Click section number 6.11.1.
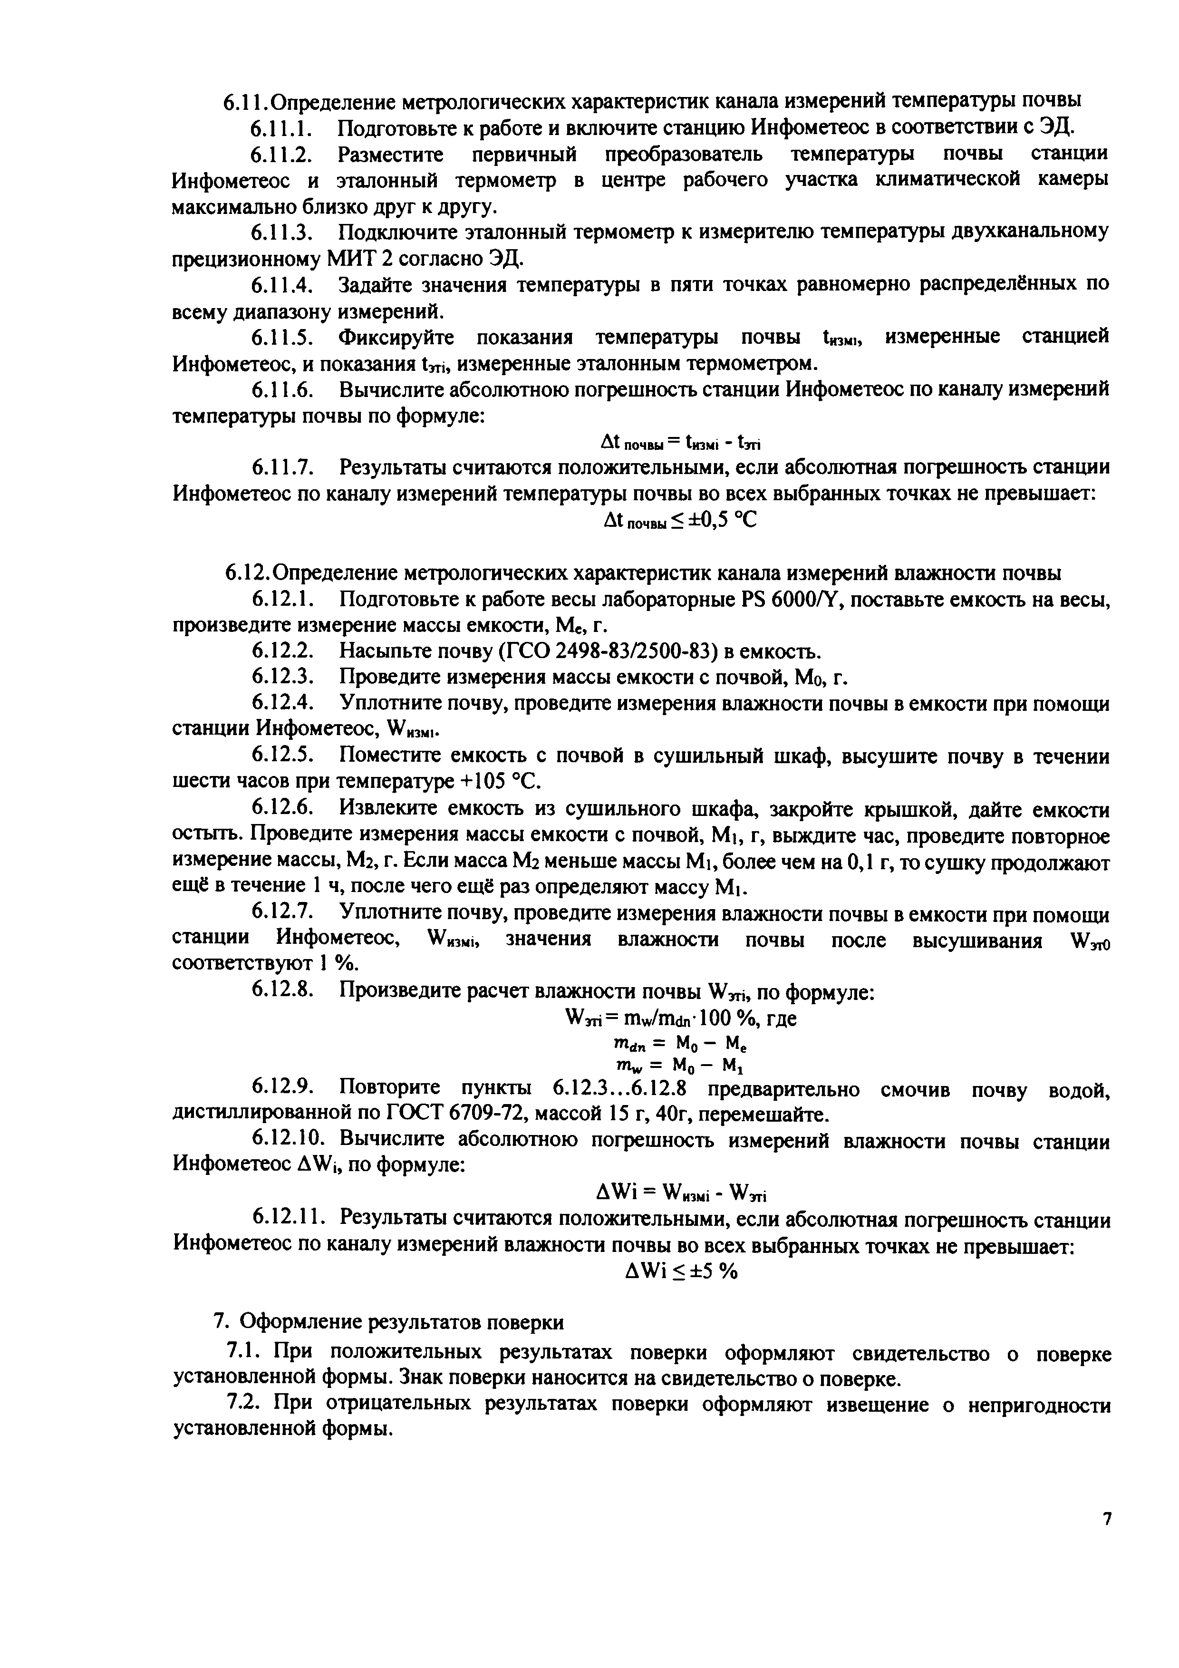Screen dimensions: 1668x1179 point(282,128)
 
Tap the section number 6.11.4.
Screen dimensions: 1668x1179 point(282,284)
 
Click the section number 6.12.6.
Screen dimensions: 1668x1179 point(282,809)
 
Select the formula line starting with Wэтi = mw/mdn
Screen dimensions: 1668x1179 point(681,1018)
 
